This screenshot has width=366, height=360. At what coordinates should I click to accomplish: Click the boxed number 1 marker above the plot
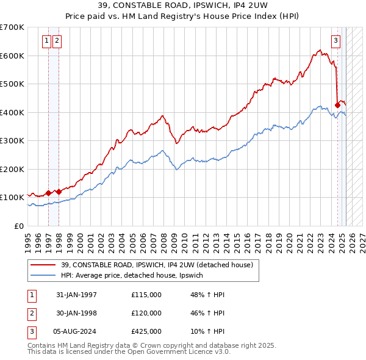click(x=46, y=41)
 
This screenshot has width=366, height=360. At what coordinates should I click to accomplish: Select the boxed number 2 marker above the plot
click(x=56, y=41)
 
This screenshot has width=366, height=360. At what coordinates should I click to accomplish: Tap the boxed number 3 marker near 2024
click(x=335, y=41)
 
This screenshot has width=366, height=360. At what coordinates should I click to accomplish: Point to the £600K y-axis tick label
click(x=12, y=56)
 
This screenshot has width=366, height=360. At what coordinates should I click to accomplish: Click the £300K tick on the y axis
click(x=12, y=141)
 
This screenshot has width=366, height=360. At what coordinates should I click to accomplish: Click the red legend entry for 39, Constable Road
click(x=152, y=265)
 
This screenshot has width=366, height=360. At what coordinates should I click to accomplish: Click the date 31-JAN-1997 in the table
click(x=76, y=295)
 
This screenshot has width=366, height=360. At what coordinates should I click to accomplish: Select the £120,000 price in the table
click(x=146, y=313)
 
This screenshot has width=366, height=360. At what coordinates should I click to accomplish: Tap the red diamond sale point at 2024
click(x=337, y=105)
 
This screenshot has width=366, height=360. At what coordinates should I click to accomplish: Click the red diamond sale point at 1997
click(x=48, y=193)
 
